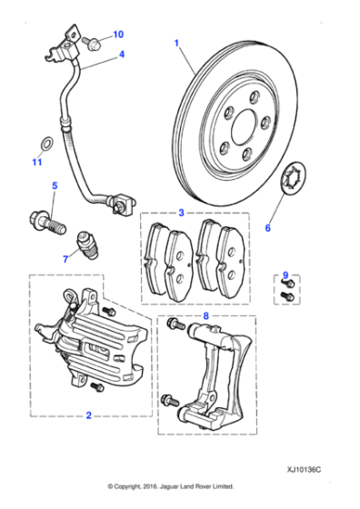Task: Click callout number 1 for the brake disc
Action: point(177,42)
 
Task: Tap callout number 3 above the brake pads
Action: point(180,214)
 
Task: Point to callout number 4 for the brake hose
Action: point(120,55)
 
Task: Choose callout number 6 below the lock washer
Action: point(267,227)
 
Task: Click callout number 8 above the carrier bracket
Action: point(205,317)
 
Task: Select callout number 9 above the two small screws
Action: point(285,274)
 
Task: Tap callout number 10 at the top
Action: point(117,35)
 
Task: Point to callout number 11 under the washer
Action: point(36,163)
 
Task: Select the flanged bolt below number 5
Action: point(45,219)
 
